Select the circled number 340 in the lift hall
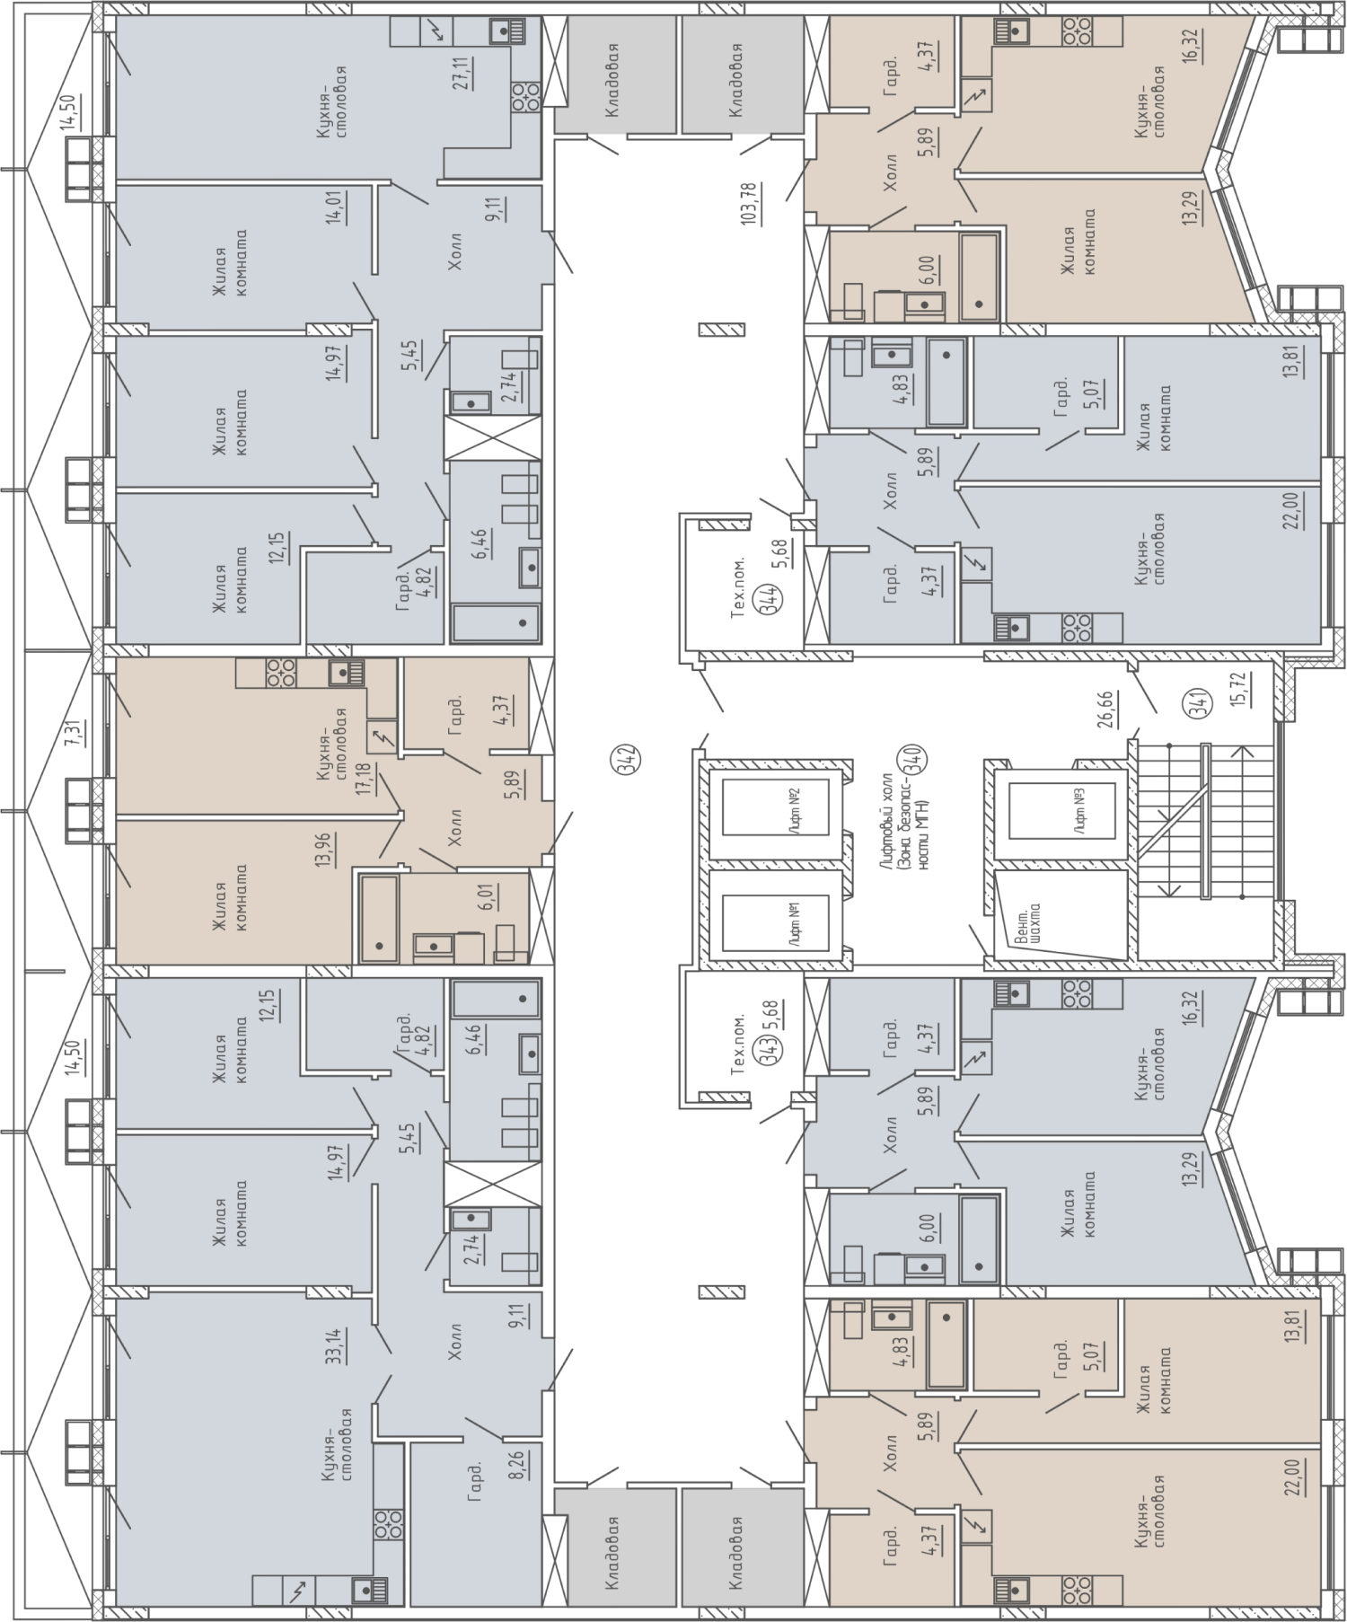click(x=918, y=761)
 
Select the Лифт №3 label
click(x=1082, y=809)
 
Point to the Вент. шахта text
click(x=1028, y=925)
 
